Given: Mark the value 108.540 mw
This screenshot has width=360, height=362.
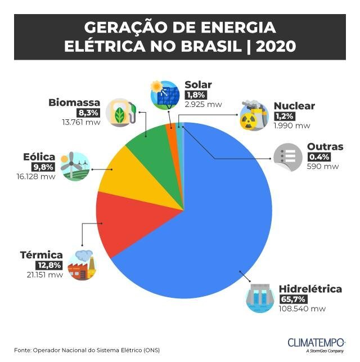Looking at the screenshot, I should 302,309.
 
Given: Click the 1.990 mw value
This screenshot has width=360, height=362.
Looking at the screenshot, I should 292,125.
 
